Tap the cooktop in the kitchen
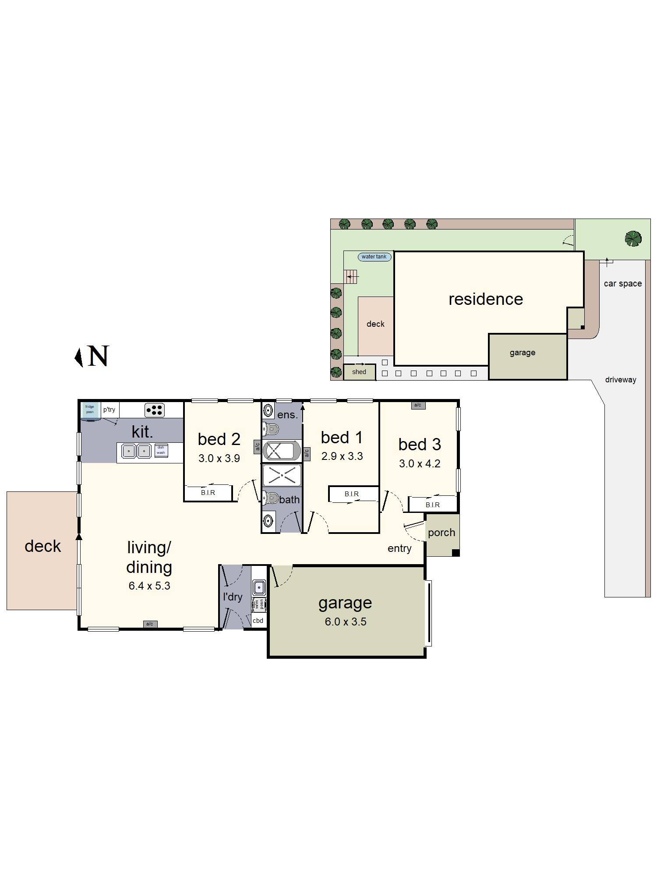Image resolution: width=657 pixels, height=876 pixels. pyautogui.click(x=155, y=410)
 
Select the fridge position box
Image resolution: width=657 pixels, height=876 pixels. pyautogui.click(x=90, y=410)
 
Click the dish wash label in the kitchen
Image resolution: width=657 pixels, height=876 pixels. pyautogui.click(x=161, y=450)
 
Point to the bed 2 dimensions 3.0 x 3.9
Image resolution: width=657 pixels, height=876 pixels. pyautogui.click(x=219, y=459)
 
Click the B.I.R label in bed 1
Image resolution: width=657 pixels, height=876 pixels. pyautogui.click(x=352, y=494)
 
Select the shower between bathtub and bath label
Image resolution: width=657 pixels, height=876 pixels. pyautogui.click(x=282, y=475)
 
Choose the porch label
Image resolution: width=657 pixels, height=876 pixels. pyautogui.click(x=442, y=533)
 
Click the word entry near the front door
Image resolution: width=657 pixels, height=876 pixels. pyautogui.click(x=399, y=548)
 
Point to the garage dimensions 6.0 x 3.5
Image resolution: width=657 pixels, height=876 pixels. pyautogui.click(x=346, y=622)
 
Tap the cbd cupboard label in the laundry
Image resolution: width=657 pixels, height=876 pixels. pyautogui.click(x=258, y=621)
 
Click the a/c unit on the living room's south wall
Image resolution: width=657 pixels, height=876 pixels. pyautogui.click(x=150, y=624)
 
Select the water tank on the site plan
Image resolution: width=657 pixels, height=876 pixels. pyautogui.click(x=374, y=257)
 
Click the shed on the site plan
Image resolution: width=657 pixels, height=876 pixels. pyautogui.click(x=359, y=372)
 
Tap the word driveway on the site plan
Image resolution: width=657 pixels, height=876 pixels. pyautogui.click(x=621, y=380)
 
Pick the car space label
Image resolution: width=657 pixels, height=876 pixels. pyautogui.click(x=623, y=283)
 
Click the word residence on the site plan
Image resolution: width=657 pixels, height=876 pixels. pyautogui.click(x=486, y=299)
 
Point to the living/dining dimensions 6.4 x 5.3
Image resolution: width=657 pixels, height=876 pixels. pyautogui.click(x=149, y=586)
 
